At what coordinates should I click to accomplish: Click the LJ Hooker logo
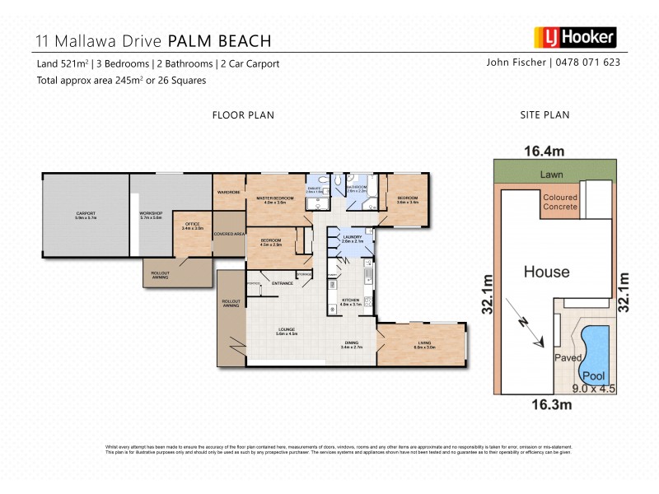(574, 37)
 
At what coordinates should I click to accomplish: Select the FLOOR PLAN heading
(243, 115)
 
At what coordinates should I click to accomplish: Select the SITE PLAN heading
(545, 115)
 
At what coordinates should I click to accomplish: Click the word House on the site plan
(547, 272)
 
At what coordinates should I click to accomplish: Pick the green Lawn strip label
(552, 175)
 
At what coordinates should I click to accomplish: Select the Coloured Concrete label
(561, 203)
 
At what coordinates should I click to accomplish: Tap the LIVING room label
(425, 345)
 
